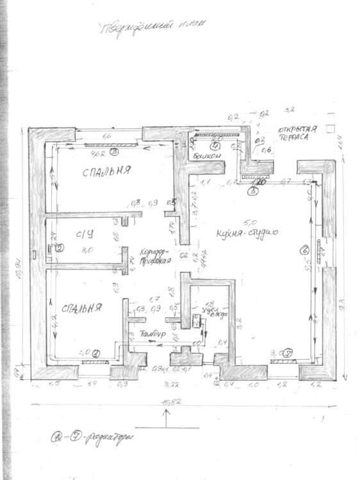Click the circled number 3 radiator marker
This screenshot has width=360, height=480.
113,152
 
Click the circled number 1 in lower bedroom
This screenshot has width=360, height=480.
96,352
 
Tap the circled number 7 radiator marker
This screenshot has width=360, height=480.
288,352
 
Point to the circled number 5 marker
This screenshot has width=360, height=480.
254,190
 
